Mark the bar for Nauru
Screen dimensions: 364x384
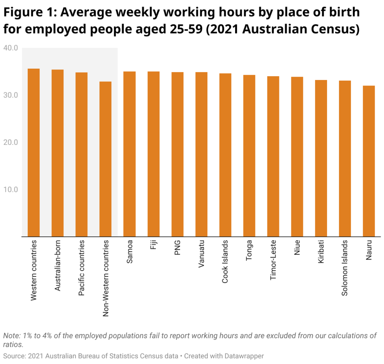tap(369, 161)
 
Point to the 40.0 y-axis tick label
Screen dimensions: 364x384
tap(10, 48)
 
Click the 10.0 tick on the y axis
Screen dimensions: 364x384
tap(10, 190)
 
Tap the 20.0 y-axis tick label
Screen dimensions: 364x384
tap(10, 143)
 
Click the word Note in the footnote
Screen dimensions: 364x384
tap(10, 335)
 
